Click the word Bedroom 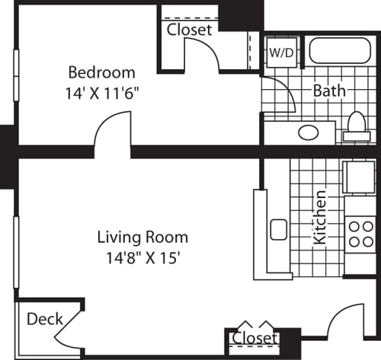pyautogui.click(x=101, y=73)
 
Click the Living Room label pyautogui.click(x=142, y=237)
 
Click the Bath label pyautogui.click(x=329, y=91)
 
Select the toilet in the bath pyautogui.click(x=356, y=128)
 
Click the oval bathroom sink pyautogui.click(x=309, y=132)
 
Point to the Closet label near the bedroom pyautogui.click(x=189, y=30)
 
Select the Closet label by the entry pyautogui.click(x=254, y=337)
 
